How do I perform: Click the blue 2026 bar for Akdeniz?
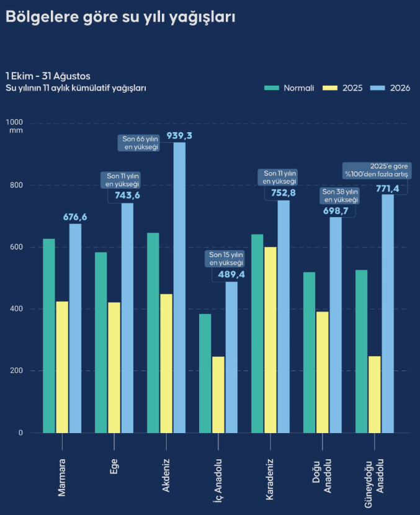click(x=179, y=287)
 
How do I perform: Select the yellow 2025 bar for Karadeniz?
click(x=270, y=340)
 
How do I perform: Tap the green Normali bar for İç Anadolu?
click(x=205, y=374)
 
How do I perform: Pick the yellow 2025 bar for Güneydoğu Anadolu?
click(x=374, y=395)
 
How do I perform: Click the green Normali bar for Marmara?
click(x=49, y=336)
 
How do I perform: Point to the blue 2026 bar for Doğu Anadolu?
click(x=336, y=325)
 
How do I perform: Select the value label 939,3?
click(x=179, y=136)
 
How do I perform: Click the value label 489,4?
click(x=231, y=274)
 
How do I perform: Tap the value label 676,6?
click(x=75, y=217)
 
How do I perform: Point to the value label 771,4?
click(x=388, y=189)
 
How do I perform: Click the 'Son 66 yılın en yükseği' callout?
click(x=139, y=143)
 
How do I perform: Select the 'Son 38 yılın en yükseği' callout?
click(x=339, y=195)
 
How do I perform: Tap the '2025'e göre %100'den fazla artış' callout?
click(x=377, y=170)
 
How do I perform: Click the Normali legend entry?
click(x=289, y=88)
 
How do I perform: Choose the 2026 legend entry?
click(x=390, y=88)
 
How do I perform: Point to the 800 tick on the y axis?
click(x=16, y=185)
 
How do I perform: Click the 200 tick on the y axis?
click(x=16, y=370)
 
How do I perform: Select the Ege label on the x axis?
click(x=114, y=467)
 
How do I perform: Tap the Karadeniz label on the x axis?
click(x=270, y=479)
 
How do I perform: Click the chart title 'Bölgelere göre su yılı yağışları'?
click(x=120, y=17)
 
